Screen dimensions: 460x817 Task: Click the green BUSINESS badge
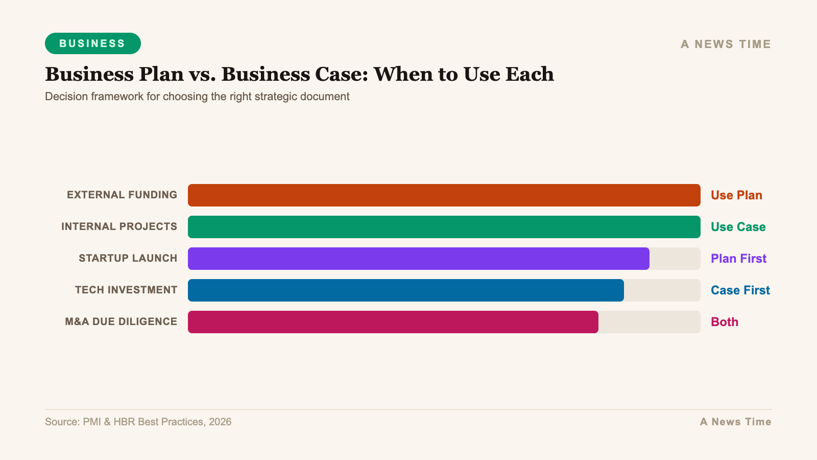point(92,43)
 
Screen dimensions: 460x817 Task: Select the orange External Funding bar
point(444,195)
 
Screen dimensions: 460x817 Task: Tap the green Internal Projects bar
point(444,227)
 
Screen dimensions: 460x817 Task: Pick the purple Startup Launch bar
point(418,259)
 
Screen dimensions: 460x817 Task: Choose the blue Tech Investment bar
point(405,290)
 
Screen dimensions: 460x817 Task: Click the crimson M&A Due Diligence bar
point(393,322)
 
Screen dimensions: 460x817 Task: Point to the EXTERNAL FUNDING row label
point(122,195)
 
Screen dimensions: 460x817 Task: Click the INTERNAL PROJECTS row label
point(119,226)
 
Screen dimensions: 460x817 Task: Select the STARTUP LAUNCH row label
point(128,258)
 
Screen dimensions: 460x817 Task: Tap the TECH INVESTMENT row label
point(126,290)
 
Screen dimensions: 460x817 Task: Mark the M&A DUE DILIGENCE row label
point(121,321)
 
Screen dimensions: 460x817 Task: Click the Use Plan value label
point(736,195)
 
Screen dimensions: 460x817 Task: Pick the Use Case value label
point(738,227)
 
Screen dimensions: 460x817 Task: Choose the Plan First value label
point(738,259)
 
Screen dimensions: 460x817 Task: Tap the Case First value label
point(740,290)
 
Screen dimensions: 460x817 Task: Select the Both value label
point(725,322)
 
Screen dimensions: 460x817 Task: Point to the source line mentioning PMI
point(138,422)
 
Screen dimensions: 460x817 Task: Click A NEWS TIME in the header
point(726,44)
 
